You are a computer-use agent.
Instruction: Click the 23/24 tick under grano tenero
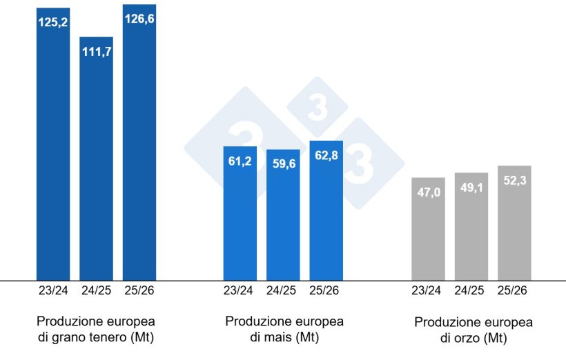click(52, 290)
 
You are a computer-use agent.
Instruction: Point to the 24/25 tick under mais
click(283, 290)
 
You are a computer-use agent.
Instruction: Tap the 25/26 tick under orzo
click(514, 290)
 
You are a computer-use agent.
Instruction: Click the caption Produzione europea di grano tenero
click(96, 330)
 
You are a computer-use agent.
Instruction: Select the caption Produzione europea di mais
click(284, 330)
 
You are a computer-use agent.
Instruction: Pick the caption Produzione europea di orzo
click(473, 330)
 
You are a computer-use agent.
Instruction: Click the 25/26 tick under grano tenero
click(139, 290)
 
